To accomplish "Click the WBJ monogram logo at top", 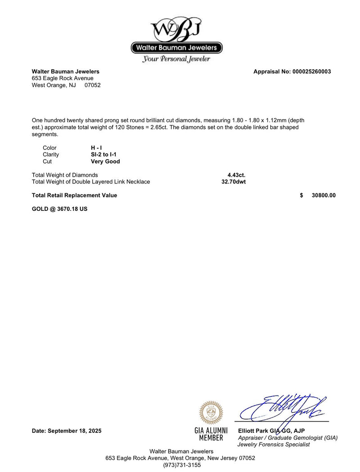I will click(x=176, y=29).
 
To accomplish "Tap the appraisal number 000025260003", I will click(x=311, y=71).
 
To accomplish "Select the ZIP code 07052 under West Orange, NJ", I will click(x=93, y=85).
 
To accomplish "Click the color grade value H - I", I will click(x=96, y=148).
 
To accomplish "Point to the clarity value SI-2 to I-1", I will click(x=104, y=155).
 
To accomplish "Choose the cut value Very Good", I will click(x=105, y=161).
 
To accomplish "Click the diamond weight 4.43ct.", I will click(x=236, y=175).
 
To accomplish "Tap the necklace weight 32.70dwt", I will click(x=234, y=182).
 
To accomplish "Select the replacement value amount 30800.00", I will click(x=324, y=195).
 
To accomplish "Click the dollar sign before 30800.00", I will click(x=301, y=195).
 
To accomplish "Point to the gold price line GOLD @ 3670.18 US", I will click(x=59, y=209).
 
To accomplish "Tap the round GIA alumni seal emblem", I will click(x=211, y=413).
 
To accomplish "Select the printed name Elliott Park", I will click(x=254, y=431).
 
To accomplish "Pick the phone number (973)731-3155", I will click(x=182, y=465).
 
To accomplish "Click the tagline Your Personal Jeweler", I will click(x=176, y=59).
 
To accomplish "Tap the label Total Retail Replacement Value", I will click(x=74, y=195).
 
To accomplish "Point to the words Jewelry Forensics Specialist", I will click(x=274, y=445).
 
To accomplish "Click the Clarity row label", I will click(x=51, y=155).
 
